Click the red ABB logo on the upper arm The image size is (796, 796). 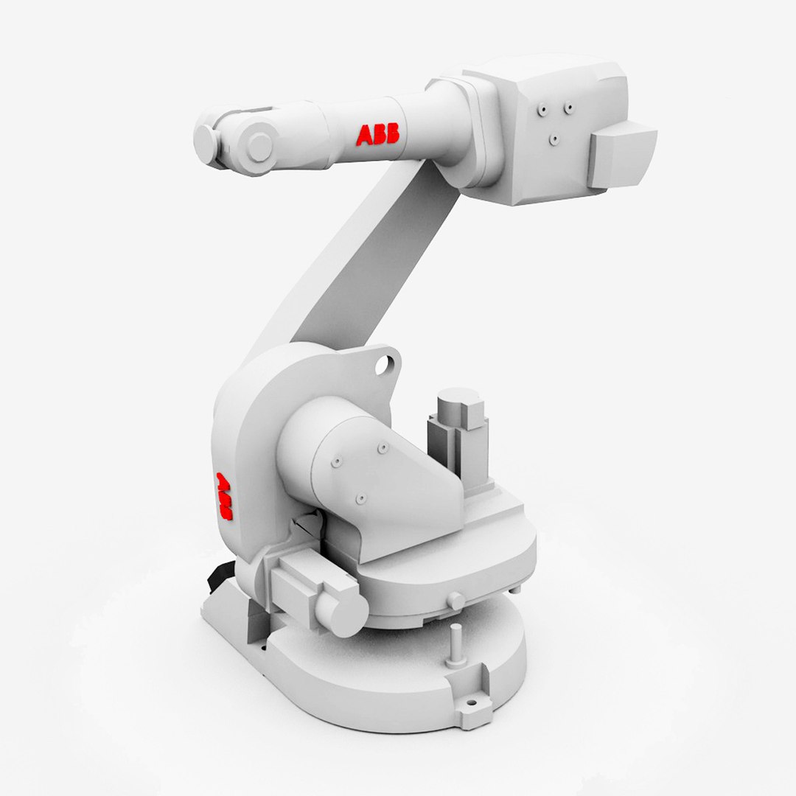click(377, 134)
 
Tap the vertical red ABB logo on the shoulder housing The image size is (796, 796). click(223, 496)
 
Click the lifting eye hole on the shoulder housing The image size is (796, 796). click(384, 363)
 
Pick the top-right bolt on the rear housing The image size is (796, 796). click(568, 108)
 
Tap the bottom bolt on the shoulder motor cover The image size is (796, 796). click(360, 499)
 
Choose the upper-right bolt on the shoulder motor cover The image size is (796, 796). click(382, 447)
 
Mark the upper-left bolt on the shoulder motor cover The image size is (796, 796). click(337, 461)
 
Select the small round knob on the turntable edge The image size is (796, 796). click(456, 601)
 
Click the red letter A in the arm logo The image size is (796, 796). click(365, 135)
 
